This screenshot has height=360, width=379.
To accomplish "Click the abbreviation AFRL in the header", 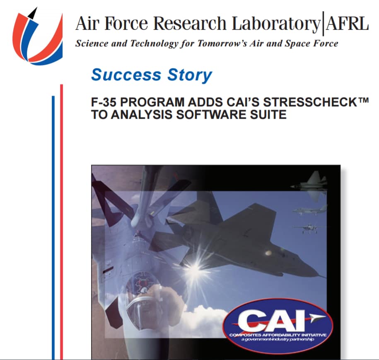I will click(x=347, y=24).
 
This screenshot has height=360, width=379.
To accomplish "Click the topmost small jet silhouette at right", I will click(x=311, y=185).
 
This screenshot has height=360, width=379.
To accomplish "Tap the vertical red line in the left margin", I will click(x=61, y=219).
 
